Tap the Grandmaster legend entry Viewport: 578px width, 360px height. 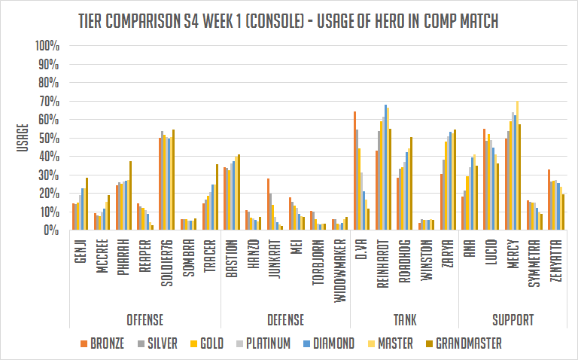pyautogui.click(x=458, y=344)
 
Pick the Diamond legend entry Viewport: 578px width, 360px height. pyautogui.click(x=326, y=344)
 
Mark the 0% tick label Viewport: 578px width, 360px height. pyautogui.click(x=50, y=230)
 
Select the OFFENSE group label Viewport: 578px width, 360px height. pyautogui.click(x=141, y=319)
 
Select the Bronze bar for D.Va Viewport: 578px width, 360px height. pyautogui.click(x=354, y=171)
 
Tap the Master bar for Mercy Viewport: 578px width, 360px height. pyautogui.click(x=517, y=166)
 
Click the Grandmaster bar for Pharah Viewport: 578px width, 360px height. pyautogui.click(x=130, y=196)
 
